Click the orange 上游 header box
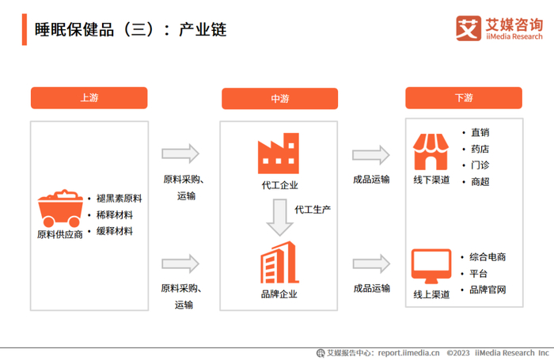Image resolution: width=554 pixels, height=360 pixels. pyautogui.click(x=89, y=98)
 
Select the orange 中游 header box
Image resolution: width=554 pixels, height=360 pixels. pyautogui.click(x=279, y=99)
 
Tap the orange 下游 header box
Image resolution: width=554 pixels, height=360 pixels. pyautogui.click(x=464, y=98)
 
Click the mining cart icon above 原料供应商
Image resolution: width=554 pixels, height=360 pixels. pyautogui.click(x=59, y=208)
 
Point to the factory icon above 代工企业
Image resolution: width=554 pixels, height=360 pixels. pyautogui.click(x=279, y=153)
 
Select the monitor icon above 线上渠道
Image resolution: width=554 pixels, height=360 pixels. pyautogui.click(x=431, y=266)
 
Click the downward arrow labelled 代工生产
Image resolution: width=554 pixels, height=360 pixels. pyautogui.click(x=279, y=217)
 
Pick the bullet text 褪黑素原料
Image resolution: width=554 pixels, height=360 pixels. pyautogui.click(x=119, y=198)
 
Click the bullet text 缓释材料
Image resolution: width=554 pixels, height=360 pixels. pyautogui.click(x=114, y=231)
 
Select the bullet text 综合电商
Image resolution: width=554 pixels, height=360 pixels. pyautogui.click(x=488, y=257)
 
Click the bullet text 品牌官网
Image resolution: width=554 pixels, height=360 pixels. pyautogui.click(x=488, y=290)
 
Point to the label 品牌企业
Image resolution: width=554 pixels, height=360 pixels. pyautogui.click(x=279, y=294)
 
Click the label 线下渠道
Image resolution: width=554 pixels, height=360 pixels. pyautogui.click(x=431, y=180)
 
